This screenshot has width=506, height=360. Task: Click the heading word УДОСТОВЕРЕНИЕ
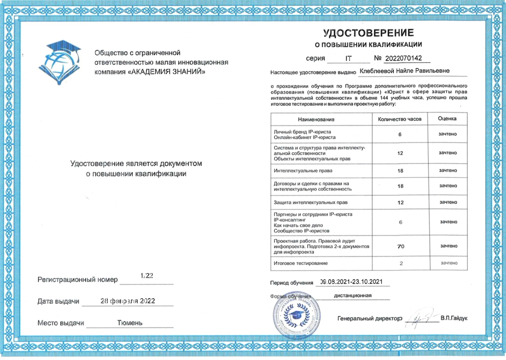pos(368,33)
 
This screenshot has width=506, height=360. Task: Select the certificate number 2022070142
pos(403,58)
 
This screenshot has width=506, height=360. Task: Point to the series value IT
pos(348,59)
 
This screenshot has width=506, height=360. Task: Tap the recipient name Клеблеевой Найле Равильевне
pos(404,71)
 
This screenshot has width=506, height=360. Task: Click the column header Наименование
pos(316,119)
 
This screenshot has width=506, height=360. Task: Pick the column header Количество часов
pos(400,119)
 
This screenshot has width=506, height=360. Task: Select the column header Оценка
pos(447,119)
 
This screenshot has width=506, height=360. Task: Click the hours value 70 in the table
pos(401,246)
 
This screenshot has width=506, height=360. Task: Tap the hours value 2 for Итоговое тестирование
pos(401,263)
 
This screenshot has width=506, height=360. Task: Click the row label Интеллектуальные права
pos(303,171)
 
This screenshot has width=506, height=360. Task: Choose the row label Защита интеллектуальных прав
pos(310,202)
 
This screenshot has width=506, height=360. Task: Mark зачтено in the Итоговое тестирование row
pos(449,263)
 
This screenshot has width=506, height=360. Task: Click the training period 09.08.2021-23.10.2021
pos(351,282)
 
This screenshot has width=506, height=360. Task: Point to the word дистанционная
pos(353,296)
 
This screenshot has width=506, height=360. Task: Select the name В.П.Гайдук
pos(454,318)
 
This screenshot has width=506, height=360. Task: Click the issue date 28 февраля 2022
pos(128,301)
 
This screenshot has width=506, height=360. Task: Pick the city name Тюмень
pos(130,323)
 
